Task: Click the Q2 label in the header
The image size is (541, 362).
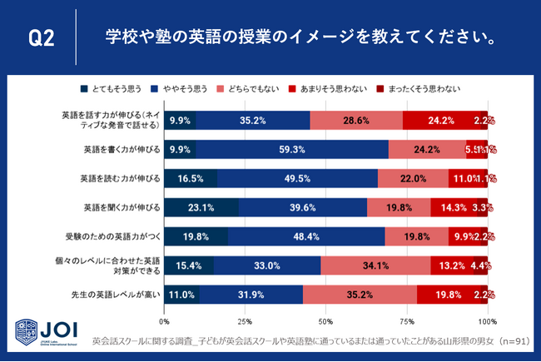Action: [x=42, y=38]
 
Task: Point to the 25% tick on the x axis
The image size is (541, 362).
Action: [x=245, y=320]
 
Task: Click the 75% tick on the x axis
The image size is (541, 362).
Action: [x=407, y=320]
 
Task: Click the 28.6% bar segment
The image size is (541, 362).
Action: [x=356, y=121]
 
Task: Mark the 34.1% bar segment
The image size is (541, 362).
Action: [x=375, y=265]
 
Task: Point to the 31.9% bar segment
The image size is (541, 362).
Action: [x=251, y=294]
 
